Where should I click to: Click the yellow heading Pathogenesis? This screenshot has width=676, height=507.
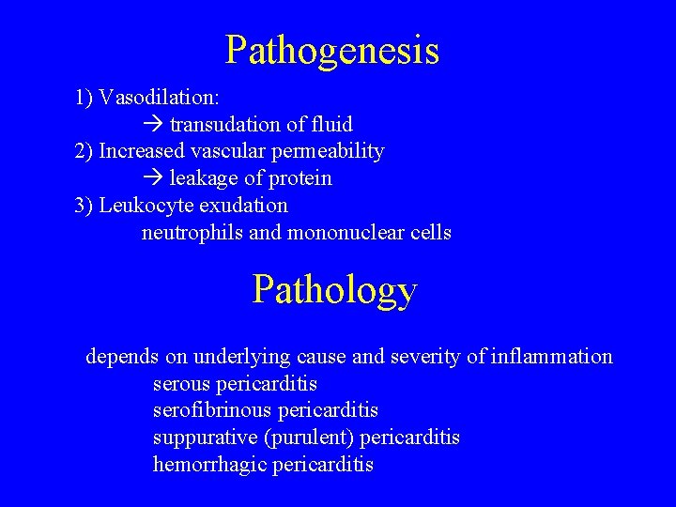[x=332, y=50]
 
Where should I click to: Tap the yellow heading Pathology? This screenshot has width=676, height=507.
[x=334, y=290]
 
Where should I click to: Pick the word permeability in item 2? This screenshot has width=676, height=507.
[x=334, y=151]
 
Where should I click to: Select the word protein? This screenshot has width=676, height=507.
[x=299, y=178]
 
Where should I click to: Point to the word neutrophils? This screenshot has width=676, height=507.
[x=192, y=232]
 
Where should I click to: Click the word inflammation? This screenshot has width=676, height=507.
[x=552, y=357]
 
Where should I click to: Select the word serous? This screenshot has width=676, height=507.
[x=181, y=384]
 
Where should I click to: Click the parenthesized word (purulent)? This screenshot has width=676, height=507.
[x=311, y=438]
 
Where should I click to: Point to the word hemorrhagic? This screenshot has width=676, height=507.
[x=209, y=465]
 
